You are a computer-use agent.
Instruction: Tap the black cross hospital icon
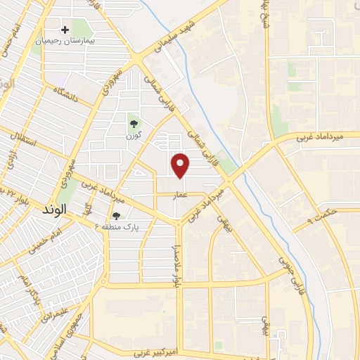point(65,30)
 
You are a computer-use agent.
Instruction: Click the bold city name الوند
point(53,210)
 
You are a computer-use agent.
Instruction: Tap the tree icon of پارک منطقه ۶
point(116,217)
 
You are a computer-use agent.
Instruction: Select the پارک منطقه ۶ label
point(116,227)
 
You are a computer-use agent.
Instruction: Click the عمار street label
point(181,195)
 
